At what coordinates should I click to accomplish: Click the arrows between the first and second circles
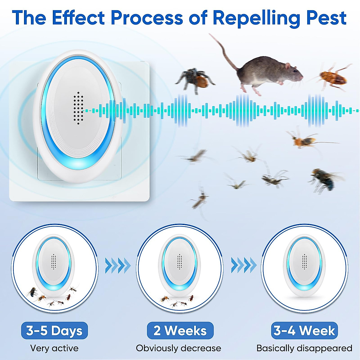[118, 265]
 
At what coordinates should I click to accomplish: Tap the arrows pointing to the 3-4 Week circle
[244, 265]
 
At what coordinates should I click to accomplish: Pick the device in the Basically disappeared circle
[304, 266]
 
